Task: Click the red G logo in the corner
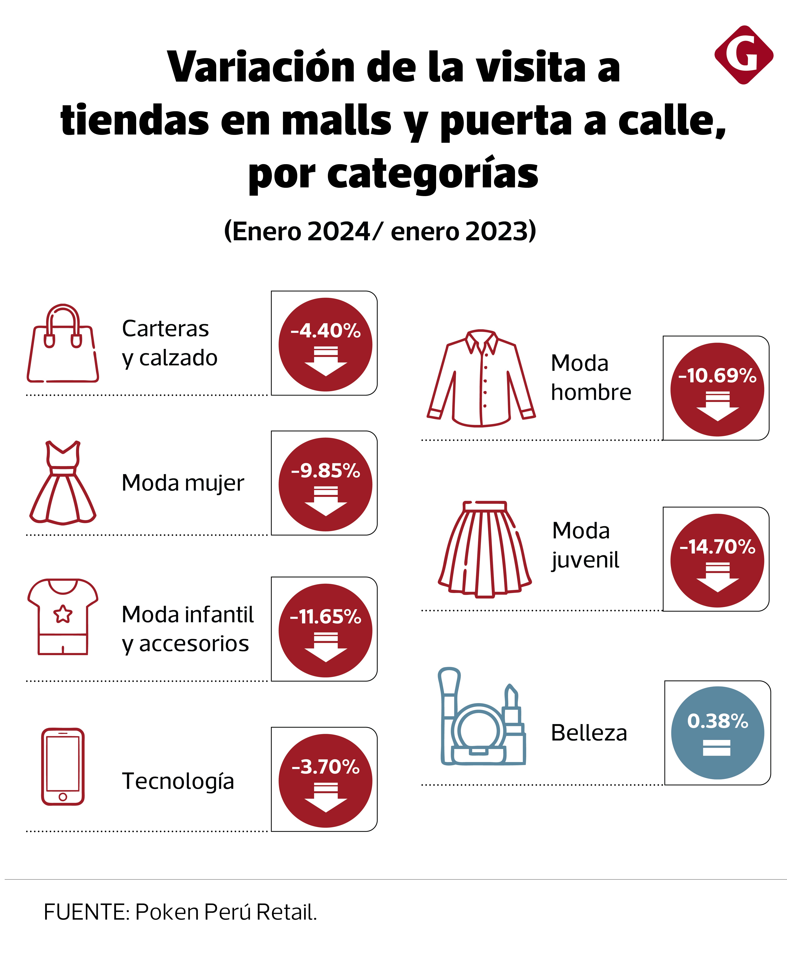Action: coord(744,55)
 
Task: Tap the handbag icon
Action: coord(63,345)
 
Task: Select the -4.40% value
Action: coord(325,331)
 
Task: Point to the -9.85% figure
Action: coord(325,471)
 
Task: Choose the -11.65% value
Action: coord(325,617)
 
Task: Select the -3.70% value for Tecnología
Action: coord(325,767)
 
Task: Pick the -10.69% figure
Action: coord(717,376)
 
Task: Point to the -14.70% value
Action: coord(717,547)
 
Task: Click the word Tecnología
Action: coord(178,781)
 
